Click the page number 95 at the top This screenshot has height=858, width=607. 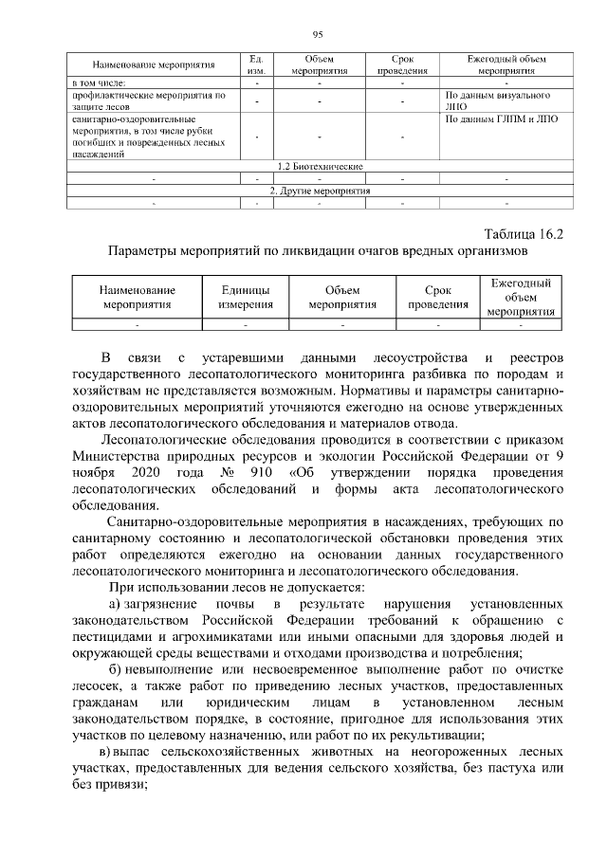[x=319, y=35]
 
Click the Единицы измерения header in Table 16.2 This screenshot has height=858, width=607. [x=246, y=297]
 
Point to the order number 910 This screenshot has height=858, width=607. [x=253, y=471]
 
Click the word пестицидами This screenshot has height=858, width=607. [x=114, y=637]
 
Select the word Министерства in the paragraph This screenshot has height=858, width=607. [x=122, y=455]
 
